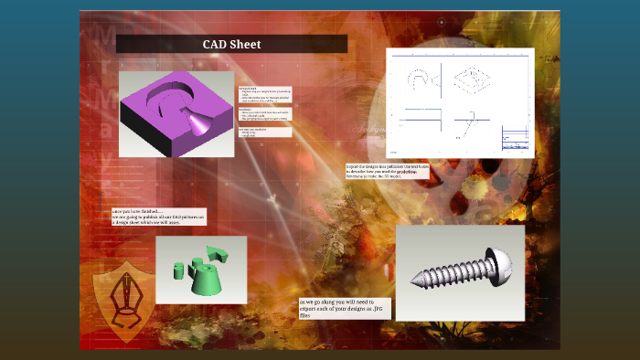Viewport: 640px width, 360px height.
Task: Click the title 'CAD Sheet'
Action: click(231, 44)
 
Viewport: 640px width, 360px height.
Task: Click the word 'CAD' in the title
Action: click(216, 44)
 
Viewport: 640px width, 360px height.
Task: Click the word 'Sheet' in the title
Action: click(245, 44)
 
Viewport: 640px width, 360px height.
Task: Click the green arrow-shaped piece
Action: click(216, 252)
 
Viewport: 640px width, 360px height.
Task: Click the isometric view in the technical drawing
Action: click(472, 79)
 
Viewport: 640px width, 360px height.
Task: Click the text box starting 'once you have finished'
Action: click(158, 217)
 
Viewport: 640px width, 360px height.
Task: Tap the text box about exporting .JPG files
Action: click(344, 308)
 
